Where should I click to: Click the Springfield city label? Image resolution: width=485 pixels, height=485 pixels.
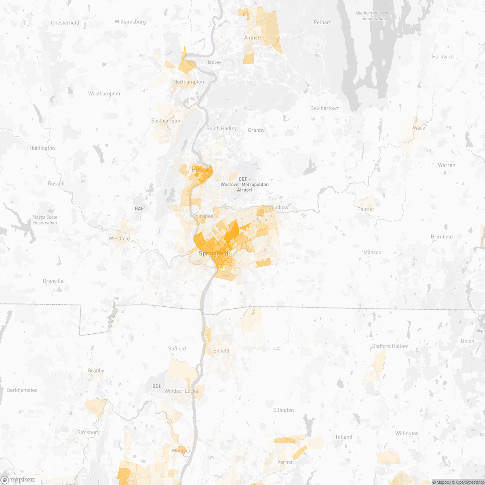pos(213,253)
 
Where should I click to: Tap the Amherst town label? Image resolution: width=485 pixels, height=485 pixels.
pos(254,38)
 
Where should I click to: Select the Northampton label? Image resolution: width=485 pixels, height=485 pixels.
pos(188,82)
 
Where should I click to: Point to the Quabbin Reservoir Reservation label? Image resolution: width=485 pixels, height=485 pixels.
pos(374,16)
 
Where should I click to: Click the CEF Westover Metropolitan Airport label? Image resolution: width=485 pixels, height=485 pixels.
pos(245,184)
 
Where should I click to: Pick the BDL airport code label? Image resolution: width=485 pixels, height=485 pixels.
pos(157,386)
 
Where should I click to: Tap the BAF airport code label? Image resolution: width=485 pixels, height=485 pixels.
pos(139,209)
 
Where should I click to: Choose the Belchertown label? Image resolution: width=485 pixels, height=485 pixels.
pos(325,108)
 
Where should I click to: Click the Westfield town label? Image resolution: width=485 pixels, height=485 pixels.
pos(119,238)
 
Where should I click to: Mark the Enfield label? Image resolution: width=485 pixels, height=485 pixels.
pos(221,351)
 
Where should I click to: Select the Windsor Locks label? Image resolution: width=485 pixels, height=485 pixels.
pos(181,391)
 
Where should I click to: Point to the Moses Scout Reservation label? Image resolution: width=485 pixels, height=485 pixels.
pos(45,220)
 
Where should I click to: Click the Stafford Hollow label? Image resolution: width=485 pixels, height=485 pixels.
pos(390,346)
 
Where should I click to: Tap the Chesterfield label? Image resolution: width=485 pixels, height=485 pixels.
pos(65,23)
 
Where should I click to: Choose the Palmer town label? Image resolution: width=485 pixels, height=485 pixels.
pos(366,209)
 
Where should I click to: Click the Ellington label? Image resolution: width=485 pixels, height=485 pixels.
pos(283,410)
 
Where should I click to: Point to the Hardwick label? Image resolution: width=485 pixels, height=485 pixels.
pos(443,57)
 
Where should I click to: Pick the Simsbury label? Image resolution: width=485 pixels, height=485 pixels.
pos(88,432)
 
